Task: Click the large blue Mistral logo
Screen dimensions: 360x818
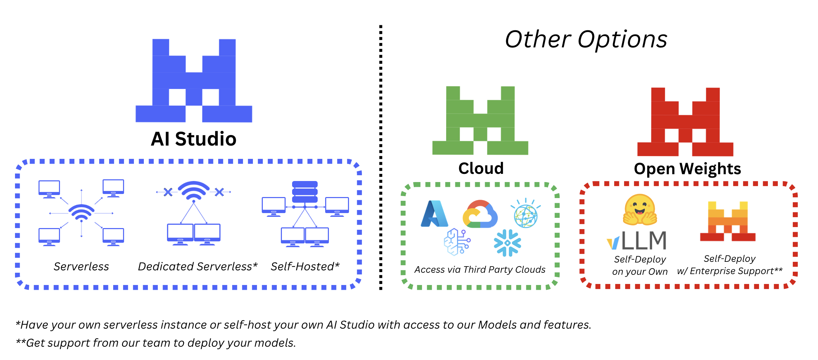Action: point(194,81)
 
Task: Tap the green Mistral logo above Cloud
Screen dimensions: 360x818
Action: point(480,120)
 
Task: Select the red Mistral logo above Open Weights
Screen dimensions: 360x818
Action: point(685,122)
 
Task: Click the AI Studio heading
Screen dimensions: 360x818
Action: point(194,139)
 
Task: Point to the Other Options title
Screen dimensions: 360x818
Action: point(586,39)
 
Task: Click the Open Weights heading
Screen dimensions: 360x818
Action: point(687,169)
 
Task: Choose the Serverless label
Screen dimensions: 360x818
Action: point(81,267)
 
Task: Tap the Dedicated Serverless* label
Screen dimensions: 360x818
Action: point(197,267)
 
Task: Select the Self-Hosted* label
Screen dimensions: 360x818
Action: point(305,267)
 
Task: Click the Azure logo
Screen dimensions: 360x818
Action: point(435,214)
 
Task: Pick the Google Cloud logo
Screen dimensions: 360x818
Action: point(480,214)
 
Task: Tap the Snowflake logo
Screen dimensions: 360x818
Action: point(508,243)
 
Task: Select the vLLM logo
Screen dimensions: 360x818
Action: point(637,240)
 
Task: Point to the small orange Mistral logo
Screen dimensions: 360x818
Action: point(728,221)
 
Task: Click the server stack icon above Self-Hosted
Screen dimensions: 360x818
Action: point(305,192)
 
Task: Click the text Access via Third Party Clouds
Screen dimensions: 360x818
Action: point(480,270)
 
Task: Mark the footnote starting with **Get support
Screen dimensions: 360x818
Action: point(156,343)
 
